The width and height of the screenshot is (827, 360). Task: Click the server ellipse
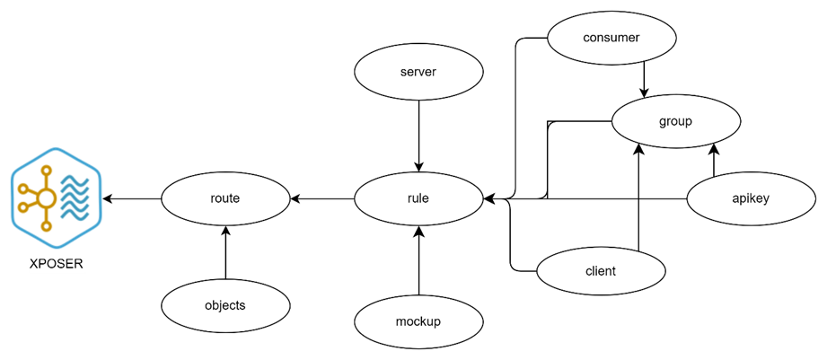[x=418, y=71]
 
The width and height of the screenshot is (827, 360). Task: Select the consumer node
[x=611, y=38]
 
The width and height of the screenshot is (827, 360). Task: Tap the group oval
[x=675, y=120]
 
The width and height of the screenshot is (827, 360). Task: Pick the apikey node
[x=752, y=198]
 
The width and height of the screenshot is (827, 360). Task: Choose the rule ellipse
[x=418, y=198]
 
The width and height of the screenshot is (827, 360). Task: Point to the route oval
[x=225, y=198]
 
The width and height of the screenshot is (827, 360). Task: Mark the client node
[x=600, y=271]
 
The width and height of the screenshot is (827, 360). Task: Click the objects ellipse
[x=225, y=305]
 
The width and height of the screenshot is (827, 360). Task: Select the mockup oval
[x=418, y=321]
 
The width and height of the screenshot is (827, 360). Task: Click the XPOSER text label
[x=57, y=265]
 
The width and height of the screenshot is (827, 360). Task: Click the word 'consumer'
[x=611, y=38]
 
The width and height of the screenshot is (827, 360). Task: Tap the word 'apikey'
[x=752, y=198]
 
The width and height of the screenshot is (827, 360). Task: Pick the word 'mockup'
[x=418, y=321]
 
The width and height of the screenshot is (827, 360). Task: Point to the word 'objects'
[x=225, y=305]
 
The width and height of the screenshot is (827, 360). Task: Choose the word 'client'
[x=600, y=271]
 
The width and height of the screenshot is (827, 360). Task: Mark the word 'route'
[x=225, y=198]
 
